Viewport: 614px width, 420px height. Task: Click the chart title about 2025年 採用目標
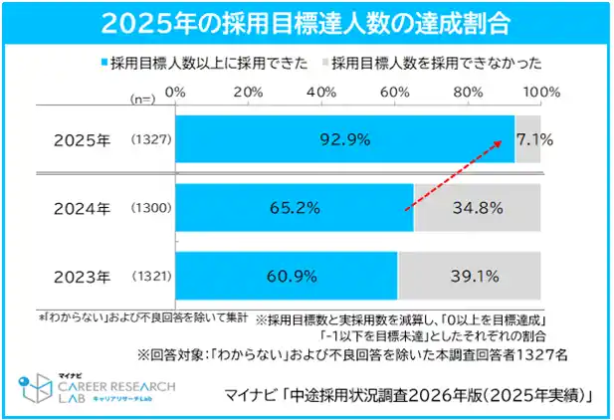pos(307,23)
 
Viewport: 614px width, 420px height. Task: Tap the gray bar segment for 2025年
pos(527,140)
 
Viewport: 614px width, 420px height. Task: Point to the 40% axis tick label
pos(321,93)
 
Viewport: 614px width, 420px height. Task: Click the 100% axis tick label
pos(541,93)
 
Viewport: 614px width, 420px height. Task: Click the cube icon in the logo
pos(39,384)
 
